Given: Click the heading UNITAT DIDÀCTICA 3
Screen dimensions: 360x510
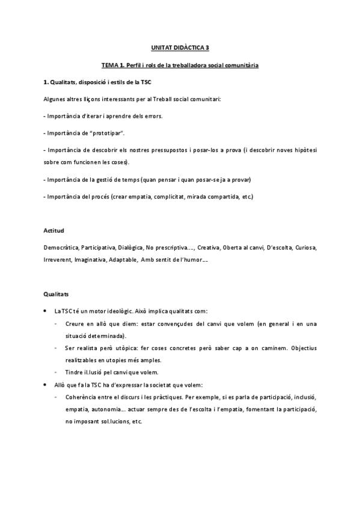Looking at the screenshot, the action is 180,46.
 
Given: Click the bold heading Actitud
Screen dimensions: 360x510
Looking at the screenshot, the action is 54,230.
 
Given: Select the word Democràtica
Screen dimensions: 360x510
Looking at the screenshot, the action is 62,247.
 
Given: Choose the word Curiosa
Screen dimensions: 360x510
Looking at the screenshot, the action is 304,247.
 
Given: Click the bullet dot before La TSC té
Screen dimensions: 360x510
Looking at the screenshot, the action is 47,311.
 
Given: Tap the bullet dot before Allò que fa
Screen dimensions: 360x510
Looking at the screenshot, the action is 47,385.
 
